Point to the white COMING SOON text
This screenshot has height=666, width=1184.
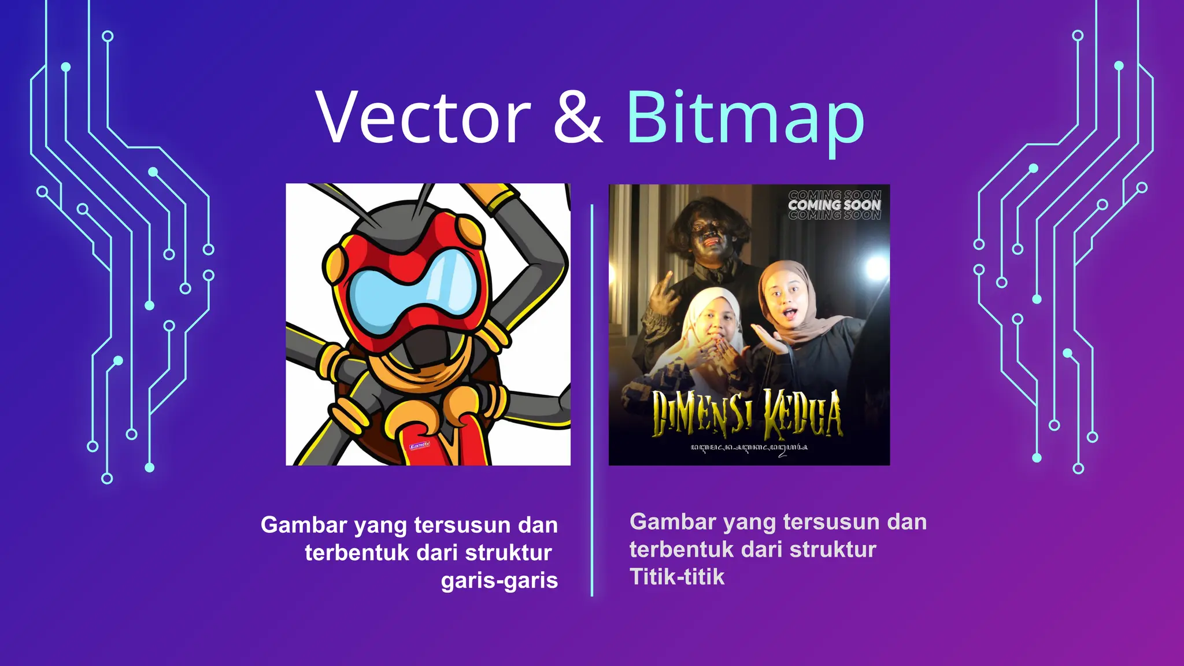click(x=834, y=205)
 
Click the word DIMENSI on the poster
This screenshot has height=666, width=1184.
click(x=701, y=414)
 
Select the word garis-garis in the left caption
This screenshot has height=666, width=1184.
click(x=499, y=580)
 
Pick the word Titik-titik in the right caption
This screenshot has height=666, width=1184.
click(x=677, y=576)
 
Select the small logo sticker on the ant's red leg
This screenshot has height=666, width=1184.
click(x=419, y=445)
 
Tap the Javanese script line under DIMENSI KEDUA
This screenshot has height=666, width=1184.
click(x=749, y=448)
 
